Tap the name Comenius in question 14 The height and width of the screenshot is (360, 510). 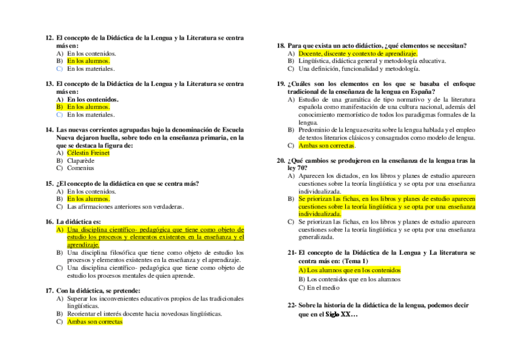pos(81,168)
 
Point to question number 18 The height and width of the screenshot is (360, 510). pos(280,45)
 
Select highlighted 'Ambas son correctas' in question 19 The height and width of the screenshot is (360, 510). pos(327,145)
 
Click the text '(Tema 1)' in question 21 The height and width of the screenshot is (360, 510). pos(355,261)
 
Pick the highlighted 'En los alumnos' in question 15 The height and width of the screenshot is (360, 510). pos(88,198)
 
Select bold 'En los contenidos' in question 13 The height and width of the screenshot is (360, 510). pos(93,99)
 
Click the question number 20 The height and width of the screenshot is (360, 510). pos(280,160)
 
